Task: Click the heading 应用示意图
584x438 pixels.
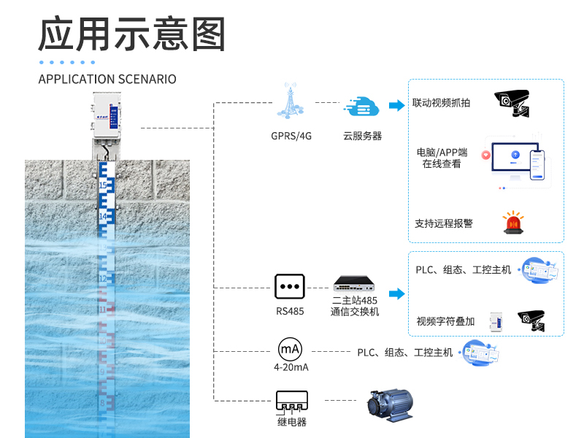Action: point(132,35)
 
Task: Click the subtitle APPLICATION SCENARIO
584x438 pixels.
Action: point(107,79)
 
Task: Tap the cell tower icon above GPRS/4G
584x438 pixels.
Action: point(291,102)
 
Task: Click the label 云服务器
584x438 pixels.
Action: point(362,136)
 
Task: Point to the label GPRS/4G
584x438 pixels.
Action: point(291,136)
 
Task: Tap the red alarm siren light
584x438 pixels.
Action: point(513,223)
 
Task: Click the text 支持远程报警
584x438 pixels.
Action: point(444,223)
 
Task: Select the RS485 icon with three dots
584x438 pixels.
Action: point(289,287)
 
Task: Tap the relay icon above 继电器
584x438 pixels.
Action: point(291,401)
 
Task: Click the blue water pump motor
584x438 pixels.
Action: point(392,404)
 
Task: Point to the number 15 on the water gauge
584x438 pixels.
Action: point(103,186)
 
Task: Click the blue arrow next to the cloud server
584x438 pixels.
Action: point(396,106)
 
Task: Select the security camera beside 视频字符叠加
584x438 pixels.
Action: point(531,320)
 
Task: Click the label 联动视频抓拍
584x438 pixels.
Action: point(442,103)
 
